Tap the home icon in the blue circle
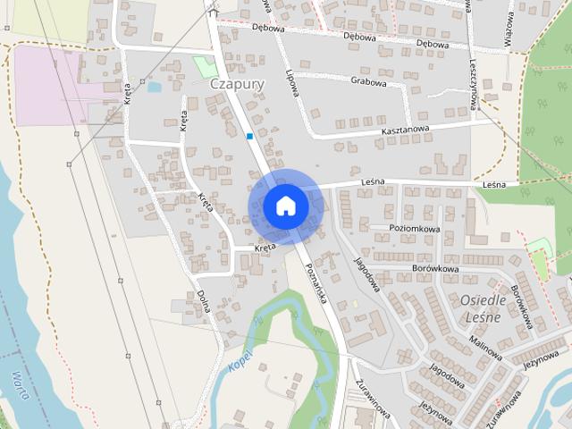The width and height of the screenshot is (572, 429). point(285,206)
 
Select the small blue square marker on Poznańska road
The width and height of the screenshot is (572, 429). point(249,136)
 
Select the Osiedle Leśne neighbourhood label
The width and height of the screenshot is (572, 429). point(483,307)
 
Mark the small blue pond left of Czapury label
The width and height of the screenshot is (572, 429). point(154,88)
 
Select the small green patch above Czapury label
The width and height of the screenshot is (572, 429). point(205,65)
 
